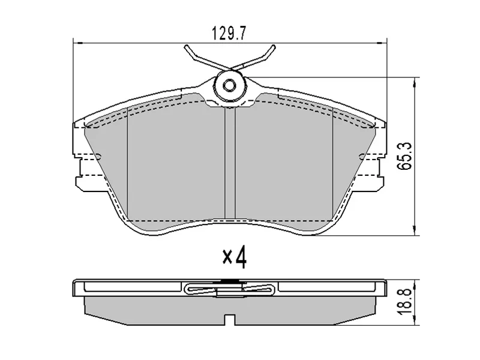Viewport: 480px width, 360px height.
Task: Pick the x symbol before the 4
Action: click(227, 259)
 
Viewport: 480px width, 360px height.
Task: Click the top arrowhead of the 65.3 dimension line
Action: click(414, 80)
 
